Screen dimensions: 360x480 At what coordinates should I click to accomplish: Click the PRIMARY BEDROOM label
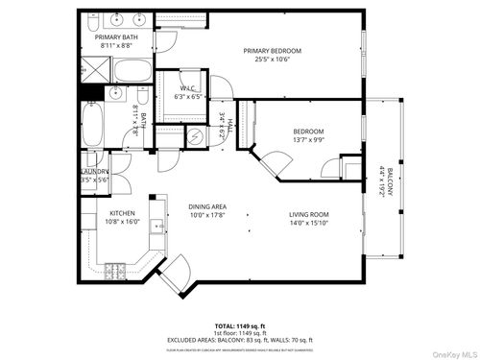272,51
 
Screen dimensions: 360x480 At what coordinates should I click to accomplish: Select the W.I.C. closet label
187,87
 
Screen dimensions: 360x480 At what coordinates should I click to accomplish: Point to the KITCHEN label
121,213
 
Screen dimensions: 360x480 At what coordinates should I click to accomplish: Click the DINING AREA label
206,207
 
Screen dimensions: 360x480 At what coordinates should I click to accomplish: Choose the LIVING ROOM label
309,214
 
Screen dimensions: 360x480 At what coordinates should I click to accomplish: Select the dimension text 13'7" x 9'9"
308,139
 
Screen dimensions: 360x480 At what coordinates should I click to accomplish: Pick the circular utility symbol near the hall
196,137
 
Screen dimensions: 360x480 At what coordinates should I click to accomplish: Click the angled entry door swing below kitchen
174,281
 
